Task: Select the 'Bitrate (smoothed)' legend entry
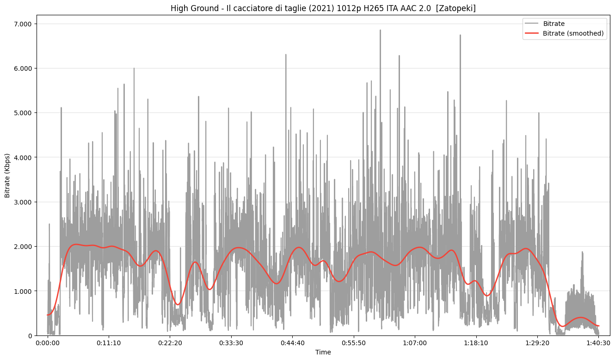573,33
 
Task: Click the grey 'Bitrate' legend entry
553,24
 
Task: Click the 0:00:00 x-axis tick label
48,343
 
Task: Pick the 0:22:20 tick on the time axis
170,343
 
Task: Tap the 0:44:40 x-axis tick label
293,343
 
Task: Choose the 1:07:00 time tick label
415,343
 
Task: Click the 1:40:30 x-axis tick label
599,343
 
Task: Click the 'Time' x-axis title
323,353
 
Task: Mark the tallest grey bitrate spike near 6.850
380,31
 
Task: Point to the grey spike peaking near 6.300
286,55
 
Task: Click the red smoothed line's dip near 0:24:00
178,304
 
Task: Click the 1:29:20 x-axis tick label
537,343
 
